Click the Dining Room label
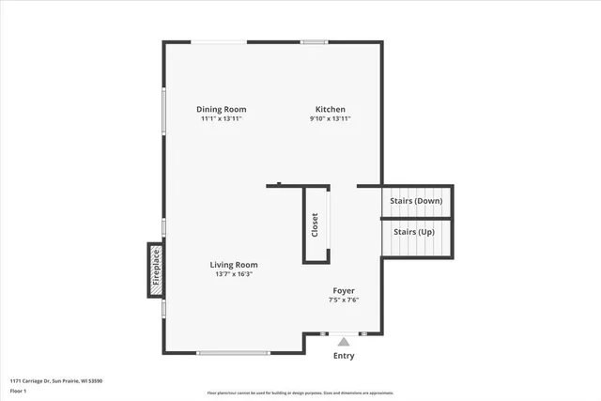(222, 109)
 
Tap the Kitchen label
(331, 109)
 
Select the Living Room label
(234, 265)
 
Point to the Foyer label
(344, 290)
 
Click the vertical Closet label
(316, 224)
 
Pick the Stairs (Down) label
(416, 201)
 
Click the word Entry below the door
(345, 356)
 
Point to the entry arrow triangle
(345, 342)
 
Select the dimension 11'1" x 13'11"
(223, 119)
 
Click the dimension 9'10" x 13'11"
(331, 119)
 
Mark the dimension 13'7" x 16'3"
(234, 274)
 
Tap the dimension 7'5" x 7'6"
(344, 301)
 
